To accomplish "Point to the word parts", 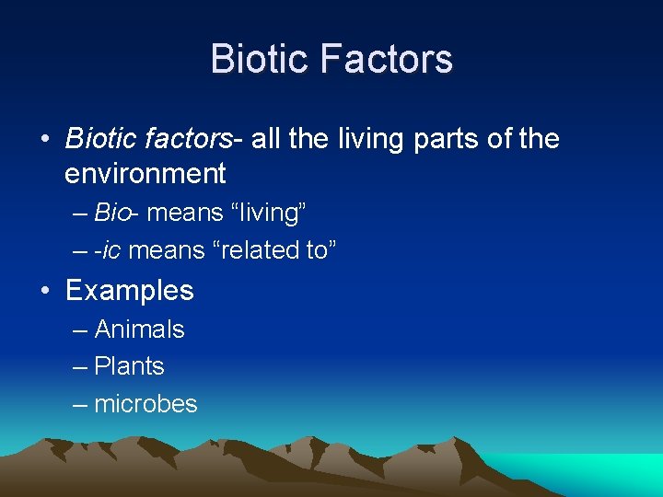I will (x=431, y=139).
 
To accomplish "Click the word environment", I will (x=145, y=173).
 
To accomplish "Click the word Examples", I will (x=130, y=291).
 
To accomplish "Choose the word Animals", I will (x=140, y=329).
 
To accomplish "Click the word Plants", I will (x=130, y=366).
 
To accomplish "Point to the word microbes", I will (x=146, y=404).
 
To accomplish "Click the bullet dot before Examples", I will (x=44, y=292).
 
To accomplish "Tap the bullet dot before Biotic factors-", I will (x=44, y=140).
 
